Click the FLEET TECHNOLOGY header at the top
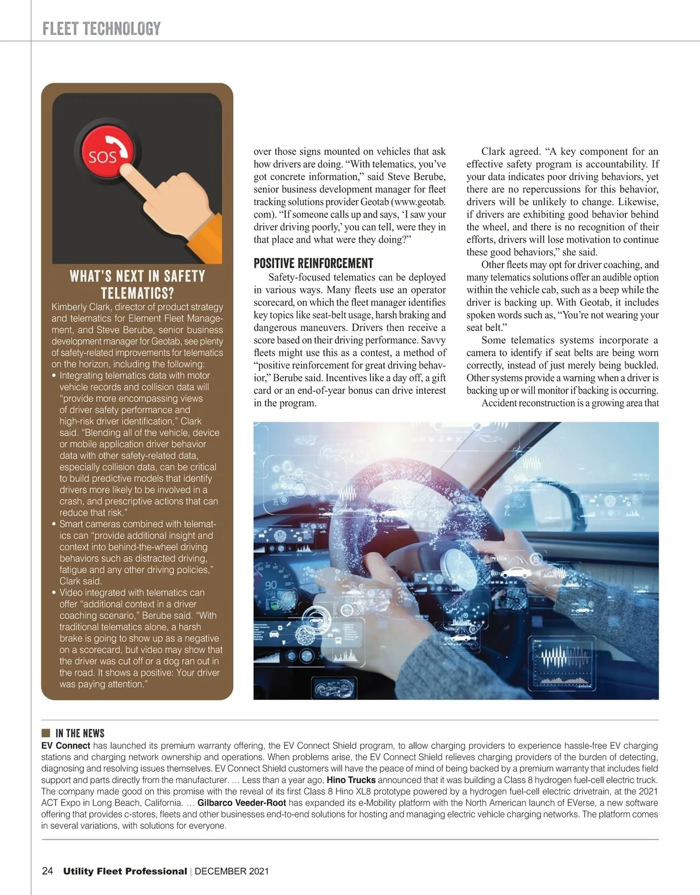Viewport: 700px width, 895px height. click(x=101, y=29)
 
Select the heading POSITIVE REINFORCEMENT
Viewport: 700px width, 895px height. click(x=313, y=263)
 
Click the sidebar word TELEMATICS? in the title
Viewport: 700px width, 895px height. click(x=138, y=292)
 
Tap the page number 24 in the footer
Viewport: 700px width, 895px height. click(x=48, y=871)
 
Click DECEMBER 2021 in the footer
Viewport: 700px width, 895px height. click(x=232, y=872)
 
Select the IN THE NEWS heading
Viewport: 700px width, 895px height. click(x=80, y=733)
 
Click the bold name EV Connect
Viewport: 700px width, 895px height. click(x=65, y=745)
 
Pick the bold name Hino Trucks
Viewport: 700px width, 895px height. click(x=351, y=780)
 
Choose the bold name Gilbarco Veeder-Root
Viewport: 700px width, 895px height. click(x=242, y=802)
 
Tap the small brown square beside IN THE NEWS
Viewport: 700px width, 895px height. click(x=45, y=733)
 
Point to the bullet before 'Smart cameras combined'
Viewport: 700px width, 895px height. click(x=54, y=524)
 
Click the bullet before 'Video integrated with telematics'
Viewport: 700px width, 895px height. click(x=54, y=592)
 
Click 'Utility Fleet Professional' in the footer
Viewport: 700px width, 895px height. click(x=125, y=872)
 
